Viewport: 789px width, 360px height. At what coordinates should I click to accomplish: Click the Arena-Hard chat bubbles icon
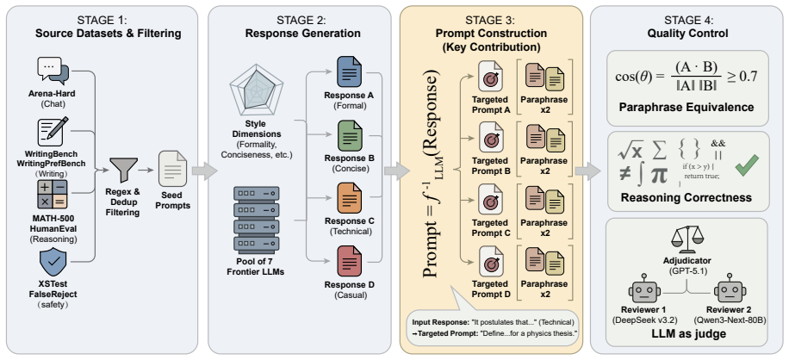tap(53, 71)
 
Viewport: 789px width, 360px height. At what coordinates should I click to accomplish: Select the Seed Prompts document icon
tap(172, 170)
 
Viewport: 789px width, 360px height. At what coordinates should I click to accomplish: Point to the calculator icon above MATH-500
tap(53, 195)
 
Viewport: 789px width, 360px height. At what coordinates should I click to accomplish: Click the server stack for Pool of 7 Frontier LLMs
tap(255, 220)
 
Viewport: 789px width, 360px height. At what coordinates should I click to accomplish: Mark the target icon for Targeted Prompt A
tap(491, 77)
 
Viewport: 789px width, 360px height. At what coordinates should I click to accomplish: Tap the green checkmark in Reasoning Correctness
tap(746, 166)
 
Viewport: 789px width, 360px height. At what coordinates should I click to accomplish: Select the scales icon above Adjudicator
tap(686, 239)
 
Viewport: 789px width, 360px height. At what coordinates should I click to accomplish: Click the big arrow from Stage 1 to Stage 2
tap(204, 171)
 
